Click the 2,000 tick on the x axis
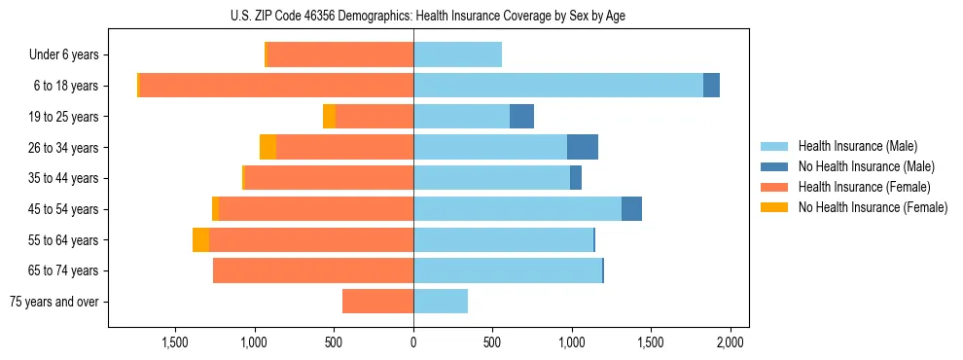coord(731,342)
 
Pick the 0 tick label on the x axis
coord(413,342)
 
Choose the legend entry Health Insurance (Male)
coord(857,146)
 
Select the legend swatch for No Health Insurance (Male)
coord(776,166)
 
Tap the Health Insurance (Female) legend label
coord(865,187)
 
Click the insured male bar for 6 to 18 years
coord(558,86)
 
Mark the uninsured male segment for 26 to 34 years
coord(583,147)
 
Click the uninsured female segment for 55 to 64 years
coord(200,239)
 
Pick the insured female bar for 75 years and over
coord(377,302)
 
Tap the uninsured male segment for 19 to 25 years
coord(521,117)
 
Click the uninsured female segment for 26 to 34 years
coord(267,147)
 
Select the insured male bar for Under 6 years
coord(457,54)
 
